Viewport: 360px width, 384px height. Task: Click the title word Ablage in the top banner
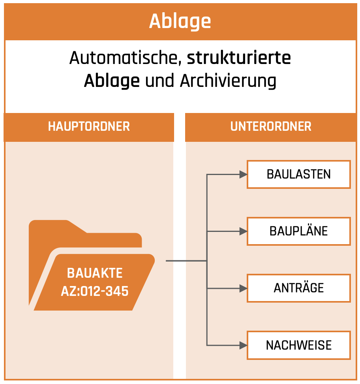[180, 21]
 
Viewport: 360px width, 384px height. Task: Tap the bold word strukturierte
[239, 58]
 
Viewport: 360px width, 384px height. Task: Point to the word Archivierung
[228, 81]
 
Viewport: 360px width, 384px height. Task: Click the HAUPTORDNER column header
[89, 126]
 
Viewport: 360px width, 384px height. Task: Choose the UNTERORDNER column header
[271, 126]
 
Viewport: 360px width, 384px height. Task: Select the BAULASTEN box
[299, 174]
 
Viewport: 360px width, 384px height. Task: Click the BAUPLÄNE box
[299, 231]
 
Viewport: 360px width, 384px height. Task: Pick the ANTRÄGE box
[299, 288]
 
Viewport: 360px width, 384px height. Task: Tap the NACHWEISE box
[299, 345]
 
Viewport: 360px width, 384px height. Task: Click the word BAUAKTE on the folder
[95, 273]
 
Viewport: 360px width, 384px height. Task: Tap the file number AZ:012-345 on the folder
[95, 291]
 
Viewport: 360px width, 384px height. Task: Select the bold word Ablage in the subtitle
[112, 81]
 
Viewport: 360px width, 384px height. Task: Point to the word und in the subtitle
[160, 81]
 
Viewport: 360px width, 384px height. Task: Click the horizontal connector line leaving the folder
[186, 261]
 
